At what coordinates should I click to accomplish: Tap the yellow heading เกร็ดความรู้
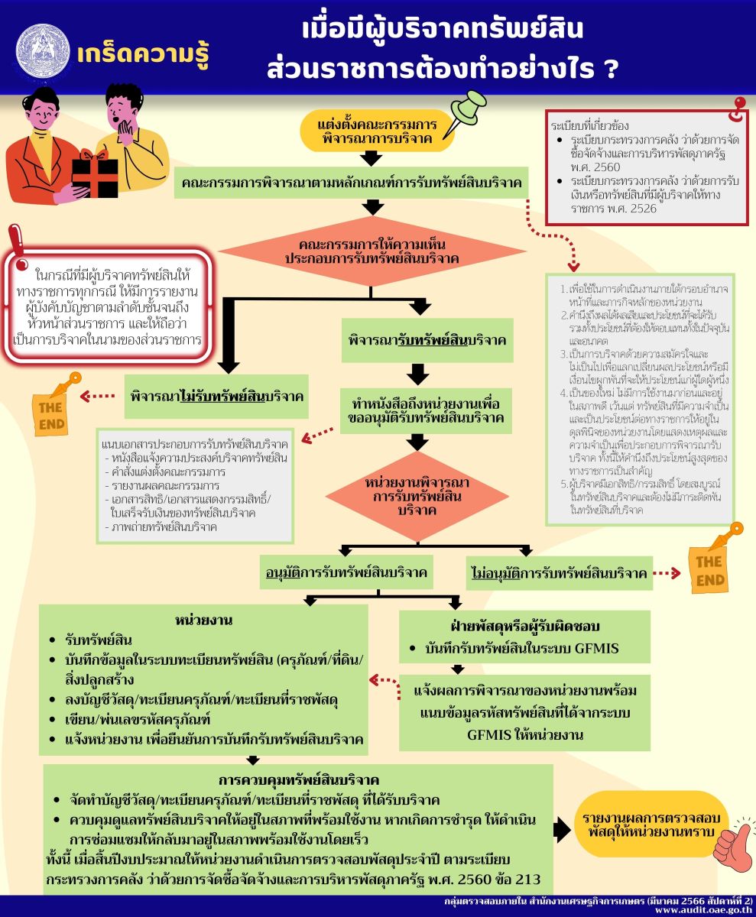143,55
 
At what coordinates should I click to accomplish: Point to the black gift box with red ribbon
96,175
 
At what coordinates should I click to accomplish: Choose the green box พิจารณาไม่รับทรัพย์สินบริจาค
216,397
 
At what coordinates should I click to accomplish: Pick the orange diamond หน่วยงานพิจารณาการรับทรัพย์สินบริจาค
417,497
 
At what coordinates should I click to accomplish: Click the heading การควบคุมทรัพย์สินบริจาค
298,780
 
